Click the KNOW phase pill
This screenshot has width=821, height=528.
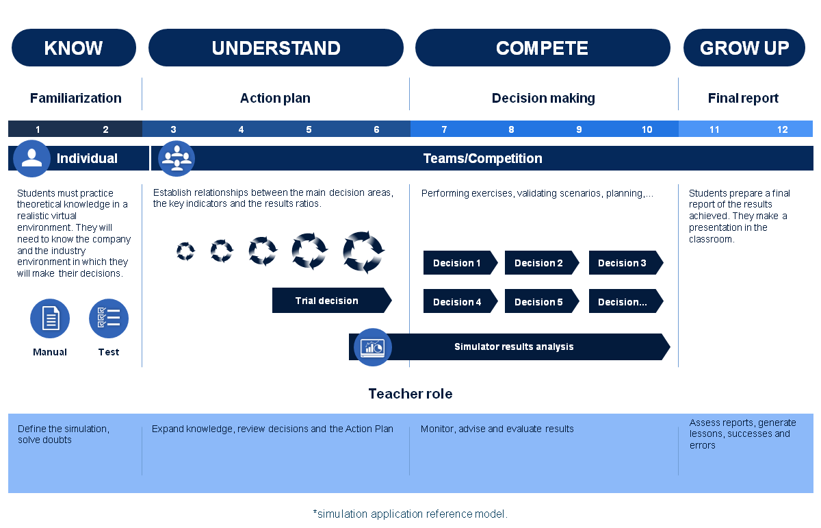click(x=74, y=48)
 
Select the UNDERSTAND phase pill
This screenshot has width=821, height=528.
click(x=276, y=48)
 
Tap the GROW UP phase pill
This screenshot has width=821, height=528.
click(x=744, y=48)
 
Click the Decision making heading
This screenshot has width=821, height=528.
click(x=543, y=98)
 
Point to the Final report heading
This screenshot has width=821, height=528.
click(x=743, y=98)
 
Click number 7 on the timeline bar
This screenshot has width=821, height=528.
click(x=444, y=129)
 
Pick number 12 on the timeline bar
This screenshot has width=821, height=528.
click(x=782, y=129)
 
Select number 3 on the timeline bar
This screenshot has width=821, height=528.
click(x=173, y=129)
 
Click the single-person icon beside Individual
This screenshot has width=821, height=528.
click(x=32, y=158)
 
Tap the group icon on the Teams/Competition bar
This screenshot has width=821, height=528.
click(x=177, y=158)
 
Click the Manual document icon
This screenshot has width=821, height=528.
click(x=50, y=318)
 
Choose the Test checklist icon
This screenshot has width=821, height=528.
click(x=109, y=318)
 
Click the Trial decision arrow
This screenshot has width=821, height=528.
click(x=332, y=301)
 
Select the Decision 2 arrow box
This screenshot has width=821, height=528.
click(x=542, y=263)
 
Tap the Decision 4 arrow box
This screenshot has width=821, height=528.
click(x=460, y=301)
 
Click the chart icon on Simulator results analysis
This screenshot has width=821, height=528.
click(x=373, y=347)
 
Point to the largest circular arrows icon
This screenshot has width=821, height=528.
click(x=363, y=252)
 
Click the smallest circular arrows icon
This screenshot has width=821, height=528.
click(x=185, y=251)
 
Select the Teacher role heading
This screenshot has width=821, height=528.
click(x=410, y=394)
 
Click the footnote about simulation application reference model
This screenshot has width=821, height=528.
click(x=410, y=514)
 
